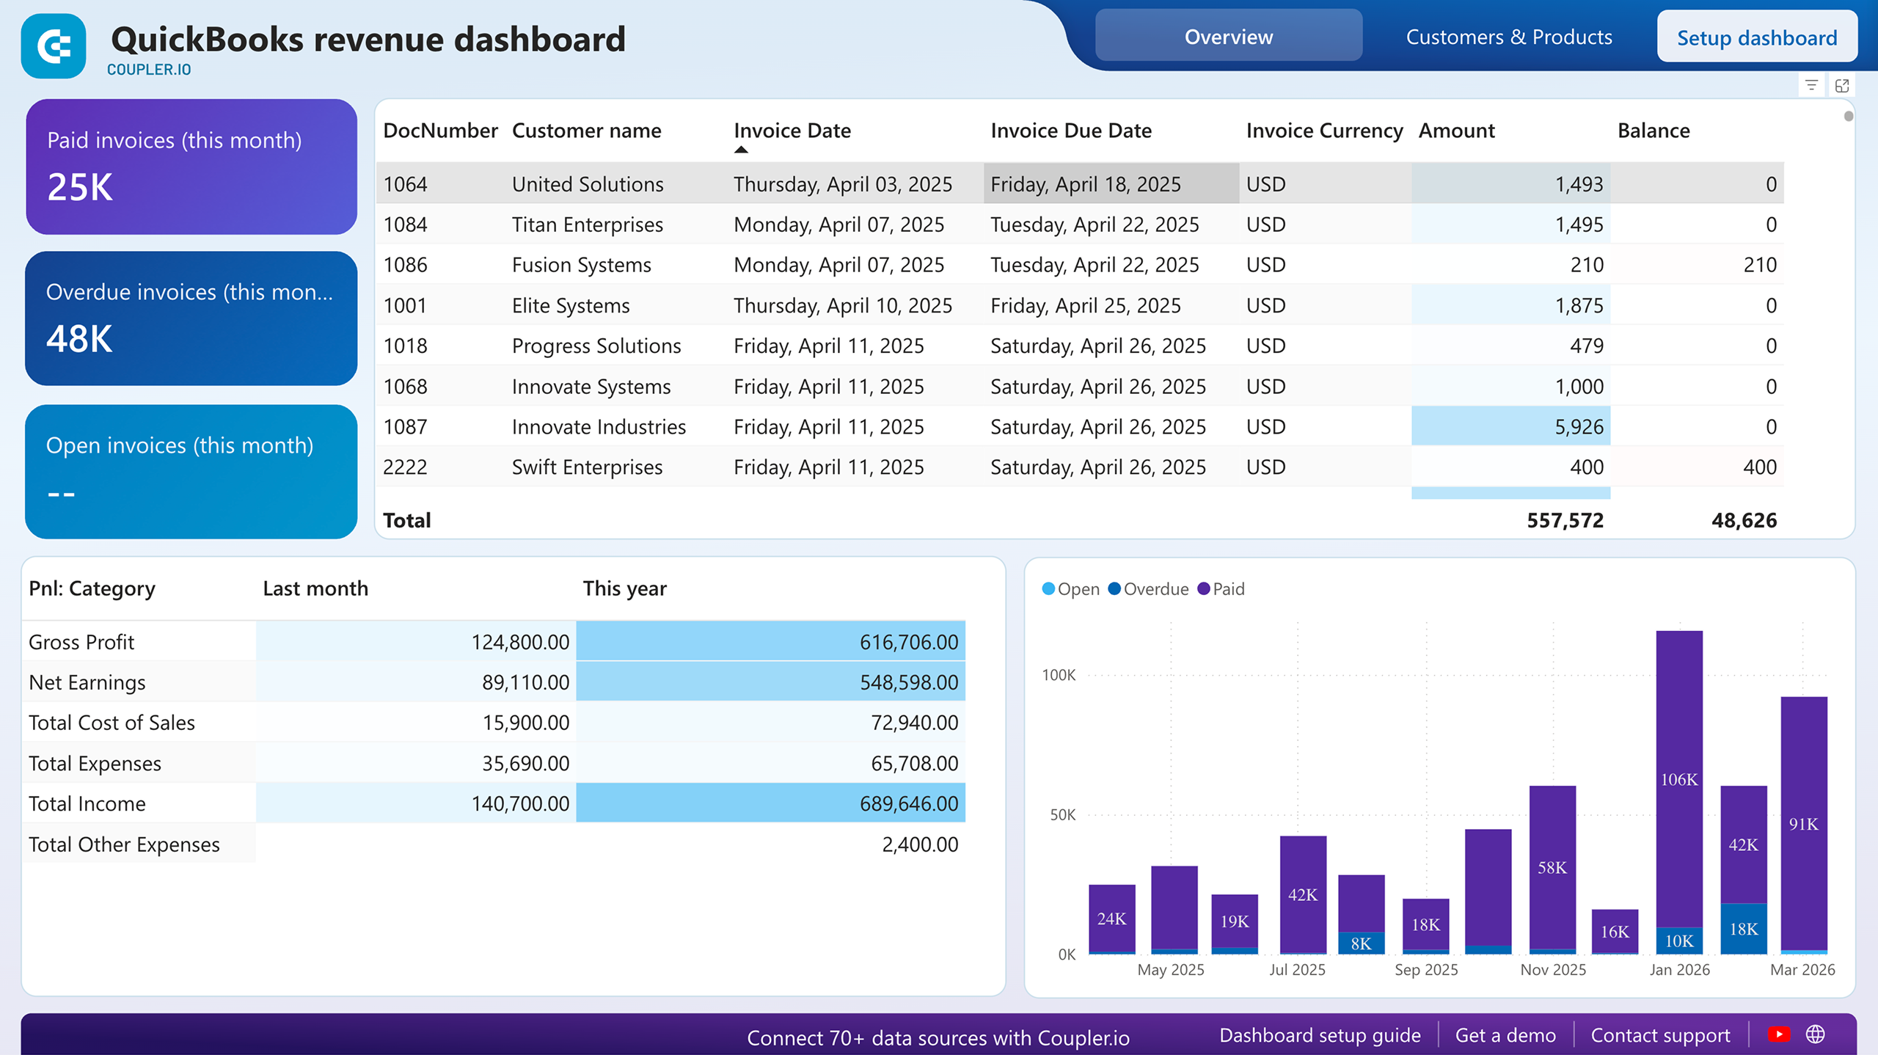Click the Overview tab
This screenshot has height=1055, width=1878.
point(1228,37)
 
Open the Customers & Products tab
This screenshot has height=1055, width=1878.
point(1508,37)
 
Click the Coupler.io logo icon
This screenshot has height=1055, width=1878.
point(54,46)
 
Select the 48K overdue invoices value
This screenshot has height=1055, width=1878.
point(79,339)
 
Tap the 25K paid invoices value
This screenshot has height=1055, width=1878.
point(80,187)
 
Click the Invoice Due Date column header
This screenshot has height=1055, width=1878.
point(1070,131)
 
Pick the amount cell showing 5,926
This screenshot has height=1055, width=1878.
point(1579,427)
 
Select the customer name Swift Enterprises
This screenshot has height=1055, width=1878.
point(587,467)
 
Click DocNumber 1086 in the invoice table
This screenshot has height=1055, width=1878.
point(405,265)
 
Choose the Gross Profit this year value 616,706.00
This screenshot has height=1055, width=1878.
point(908,642)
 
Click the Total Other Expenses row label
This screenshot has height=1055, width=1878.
point(124,844)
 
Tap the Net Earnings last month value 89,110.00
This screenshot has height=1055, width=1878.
point(525,682)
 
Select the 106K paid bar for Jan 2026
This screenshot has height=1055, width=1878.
point(1678,779)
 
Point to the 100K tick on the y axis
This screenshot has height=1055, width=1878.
point(1059,675)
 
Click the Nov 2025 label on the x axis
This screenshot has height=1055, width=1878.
point(1552,970)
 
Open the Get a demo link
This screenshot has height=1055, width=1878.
point(1505,1035)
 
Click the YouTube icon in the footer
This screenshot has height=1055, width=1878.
point(1778,1034)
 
